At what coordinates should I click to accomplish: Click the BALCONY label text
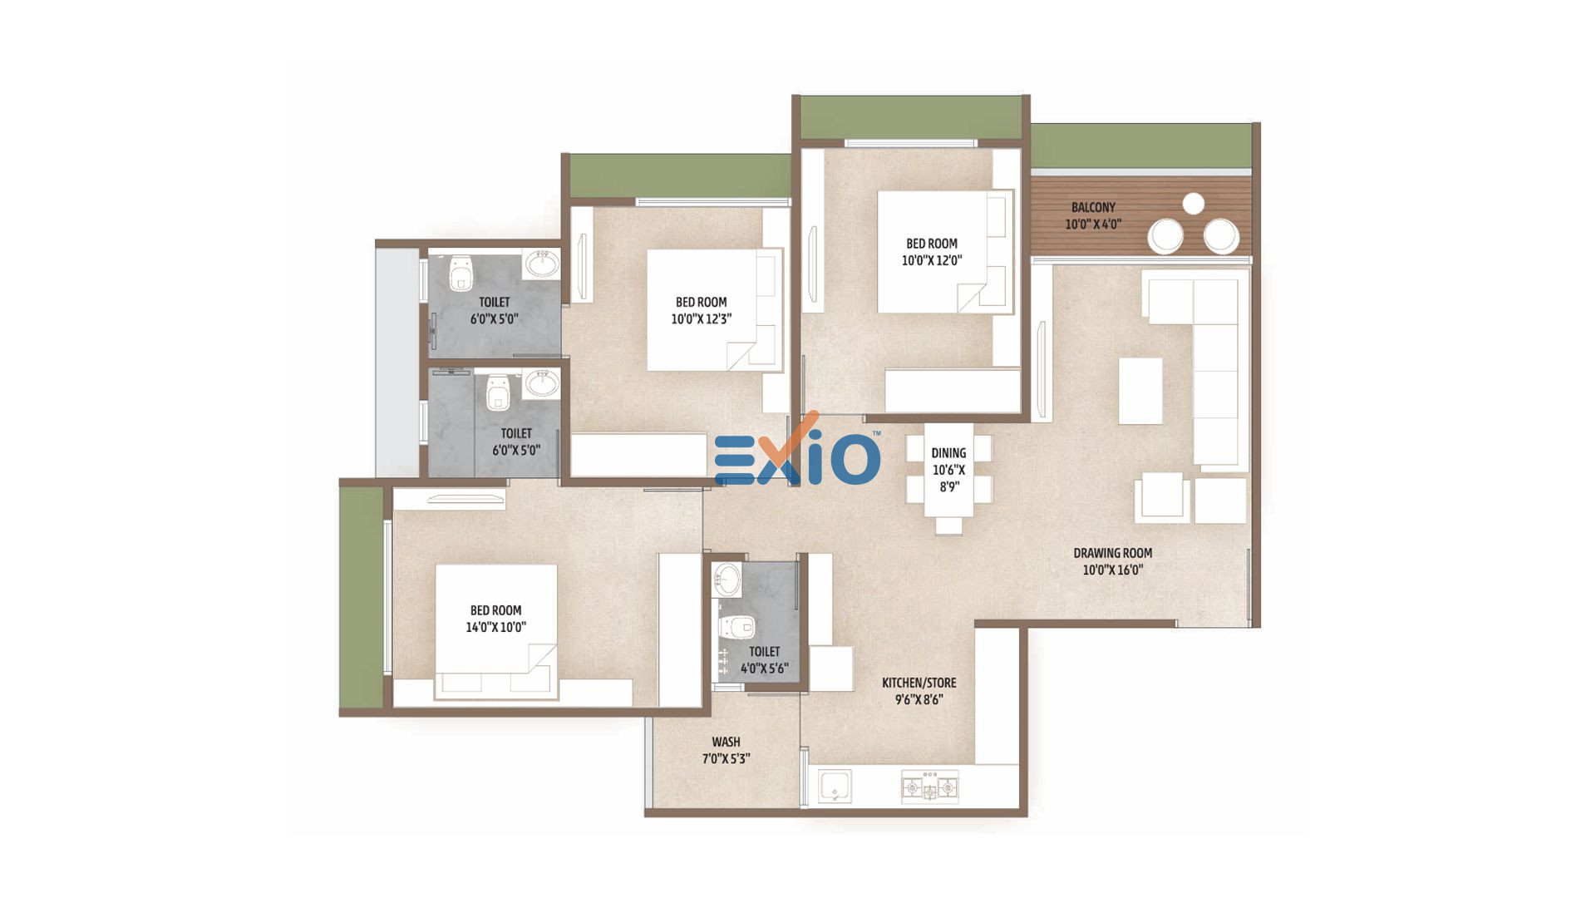pos(1093,207)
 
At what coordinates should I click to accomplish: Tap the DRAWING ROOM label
pos(1112,553)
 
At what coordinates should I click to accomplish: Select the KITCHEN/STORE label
pos(919,683)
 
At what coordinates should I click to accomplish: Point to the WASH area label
pos(726,742)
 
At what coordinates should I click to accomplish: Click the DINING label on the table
pos(948,453)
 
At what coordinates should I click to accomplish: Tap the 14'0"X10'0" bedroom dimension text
pos(495,627)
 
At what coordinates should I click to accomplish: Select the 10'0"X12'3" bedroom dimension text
pos(701,318)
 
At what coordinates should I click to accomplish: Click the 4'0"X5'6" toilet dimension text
pos(764,668)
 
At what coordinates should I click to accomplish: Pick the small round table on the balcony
pos(1193,203)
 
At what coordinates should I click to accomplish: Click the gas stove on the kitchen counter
pos(930,787)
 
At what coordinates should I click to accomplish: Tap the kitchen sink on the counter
pos(835,787)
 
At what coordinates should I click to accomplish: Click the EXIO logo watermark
pos(796,452)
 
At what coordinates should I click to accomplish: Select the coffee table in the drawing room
pos(1140,391)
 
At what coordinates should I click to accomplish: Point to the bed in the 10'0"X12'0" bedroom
pos(945,252)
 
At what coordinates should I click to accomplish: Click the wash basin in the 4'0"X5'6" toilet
pos(727,580)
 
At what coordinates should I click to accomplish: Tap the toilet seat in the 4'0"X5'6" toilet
pos(736,626)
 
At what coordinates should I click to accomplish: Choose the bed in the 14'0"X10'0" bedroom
pos(496,631)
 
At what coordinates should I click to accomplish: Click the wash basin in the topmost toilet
pos(542,264)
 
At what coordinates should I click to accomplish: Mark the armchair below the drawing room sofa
pos(1162,497)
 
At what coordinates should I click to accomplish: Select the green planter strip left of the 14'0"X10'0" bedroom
pos(362,598)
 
